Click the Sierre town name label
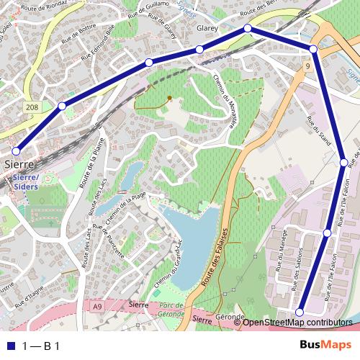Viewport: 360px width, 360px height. coord(19,164)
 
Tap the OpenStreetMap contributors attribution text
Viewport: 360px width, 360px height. coord(297,322)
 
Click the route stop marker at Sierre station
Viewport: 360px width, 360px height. coord(16,151)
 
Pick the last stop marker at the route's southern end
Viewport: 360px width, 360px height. coord(300,311)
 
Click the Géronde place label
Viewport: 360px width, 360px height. coord(230,318)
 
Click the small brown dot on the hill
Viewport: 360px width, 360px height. coord(169,97)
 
